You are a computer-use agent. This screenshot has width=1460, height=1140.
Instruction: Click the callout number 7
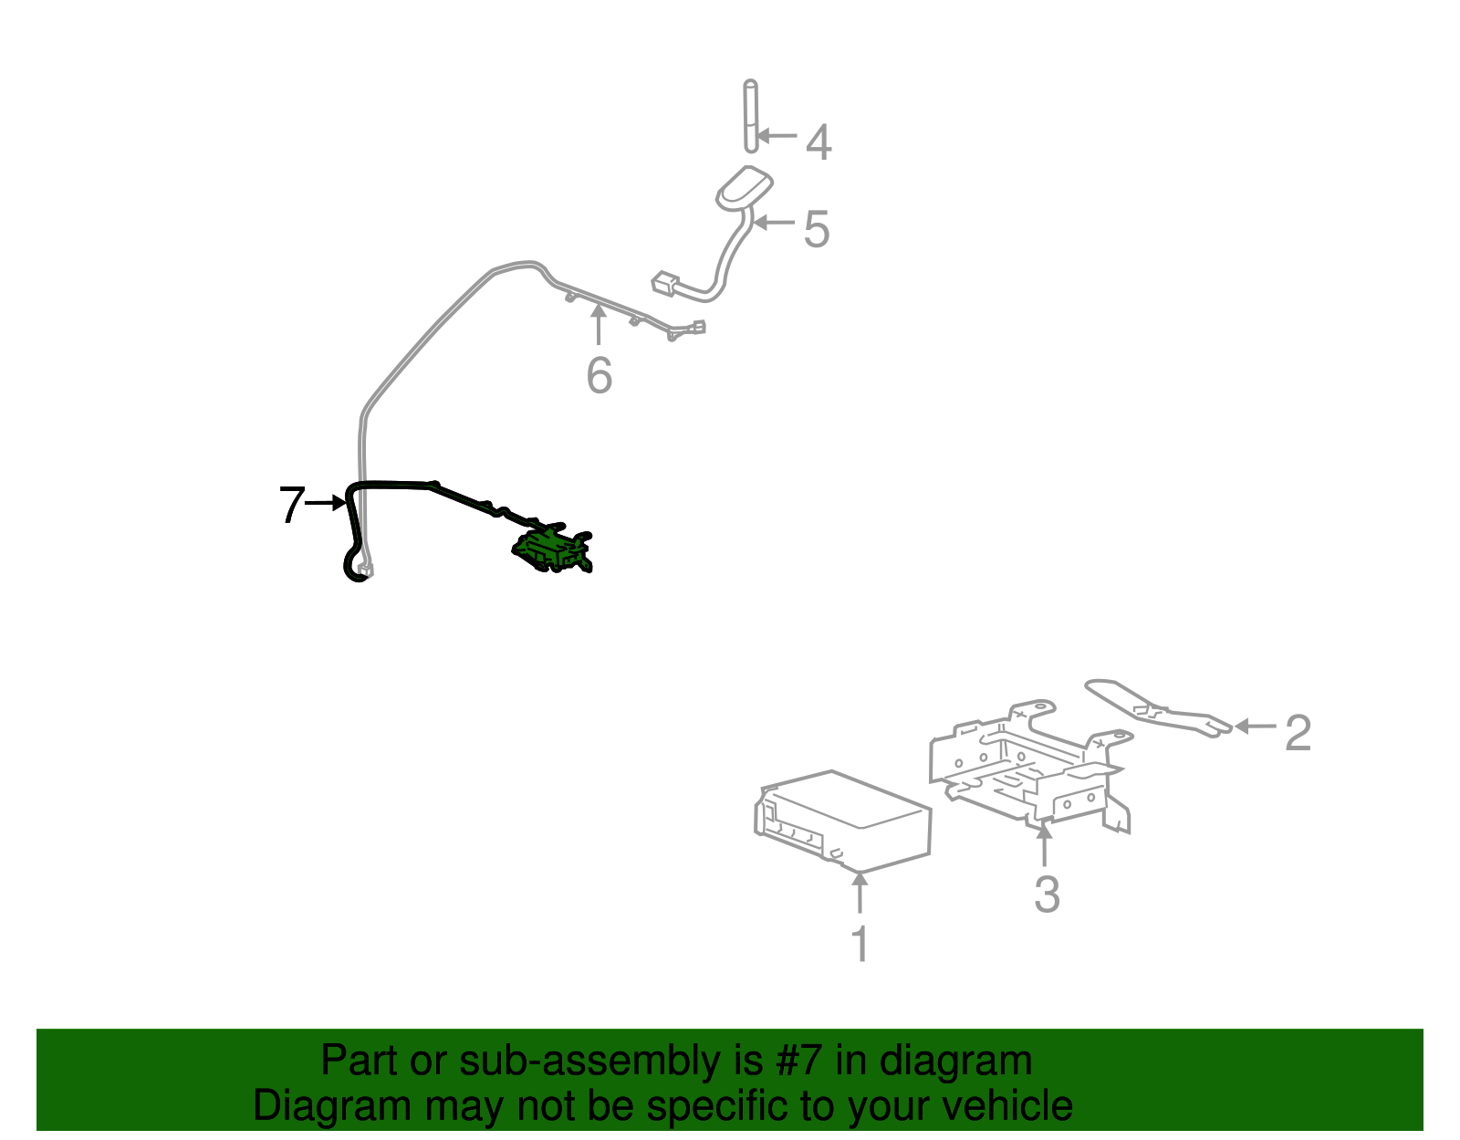point(292,505)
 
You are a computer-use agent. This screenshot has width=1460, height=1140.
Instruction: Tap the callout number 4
point(819,142)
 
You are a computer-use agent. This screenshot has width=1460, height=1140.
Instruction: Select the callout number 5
point(817,229)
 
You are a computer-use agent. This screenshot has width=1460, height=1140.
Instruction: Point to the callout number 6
point(600,375)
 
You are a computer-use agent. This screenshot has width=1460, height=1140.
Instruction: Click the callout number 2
point(1298,733)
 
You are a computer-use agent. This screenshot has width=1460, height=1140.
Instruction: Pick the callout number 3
point(1047,894)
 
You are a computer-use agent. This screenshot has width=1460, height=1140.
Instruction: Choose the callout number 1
point(860,943)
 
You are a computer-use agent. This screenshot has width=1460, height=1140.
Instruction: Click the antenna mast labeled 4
point(750,116)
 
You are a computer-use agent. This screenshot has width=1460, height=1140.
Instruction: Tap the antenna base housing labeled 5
point(744,186)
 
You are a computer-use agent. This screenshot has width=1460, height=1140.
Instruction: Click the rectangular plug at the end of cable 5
point(665,283)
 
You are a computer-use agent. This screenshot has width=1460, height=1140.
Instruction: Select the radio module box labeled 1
point(842,821)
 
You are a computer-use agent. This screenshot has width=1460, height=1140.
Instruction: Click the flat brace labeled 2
point(1158,708)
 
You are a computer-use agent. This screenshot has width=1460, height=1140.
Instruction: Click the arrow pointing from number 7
point(325,503)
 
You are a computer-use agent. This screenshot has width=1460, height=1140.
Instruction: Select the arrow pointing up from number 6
point(598,324)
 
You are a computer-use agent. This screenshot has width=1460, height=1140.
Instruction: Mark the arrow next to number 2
point(1255,727)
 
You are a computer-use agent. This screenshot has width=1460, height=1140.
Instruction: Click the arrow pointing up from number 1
point(860,892)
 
